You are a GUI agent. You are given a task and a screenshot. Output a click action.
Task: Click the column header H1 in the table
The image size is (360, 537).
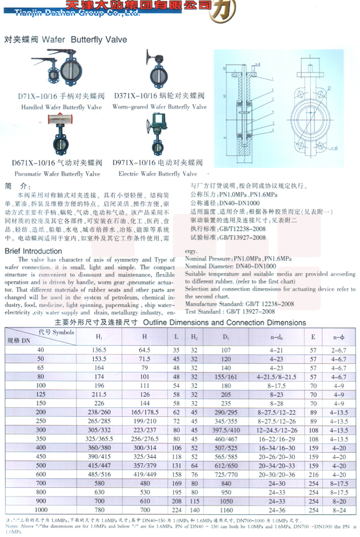pos(100,337)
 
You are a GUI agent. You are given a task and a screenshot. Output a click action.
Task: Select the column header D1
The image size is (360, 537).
pos(225,337)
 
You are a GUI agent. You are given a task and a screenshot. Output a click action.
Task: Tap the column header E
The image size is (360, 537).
pos(313,337)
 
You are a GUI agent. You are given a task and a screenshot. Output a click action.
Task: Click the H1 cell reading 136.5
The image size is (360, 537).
pos(100,350)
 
